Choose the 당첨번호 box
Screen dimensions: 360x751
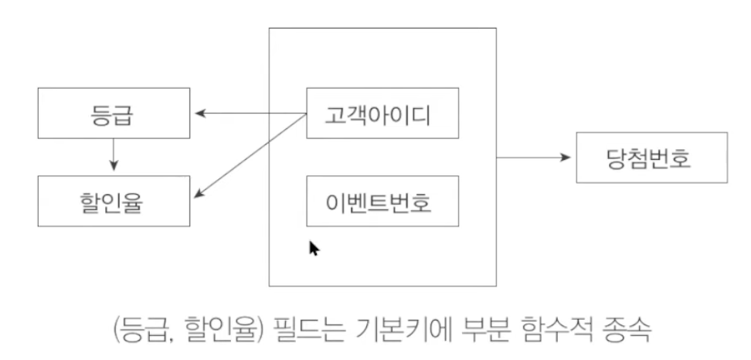tap(651, 157)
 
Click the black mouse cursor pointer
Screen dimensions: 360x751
tap(314, 248)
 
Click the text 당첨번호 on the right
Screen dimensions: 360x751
tap(651, 157)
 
